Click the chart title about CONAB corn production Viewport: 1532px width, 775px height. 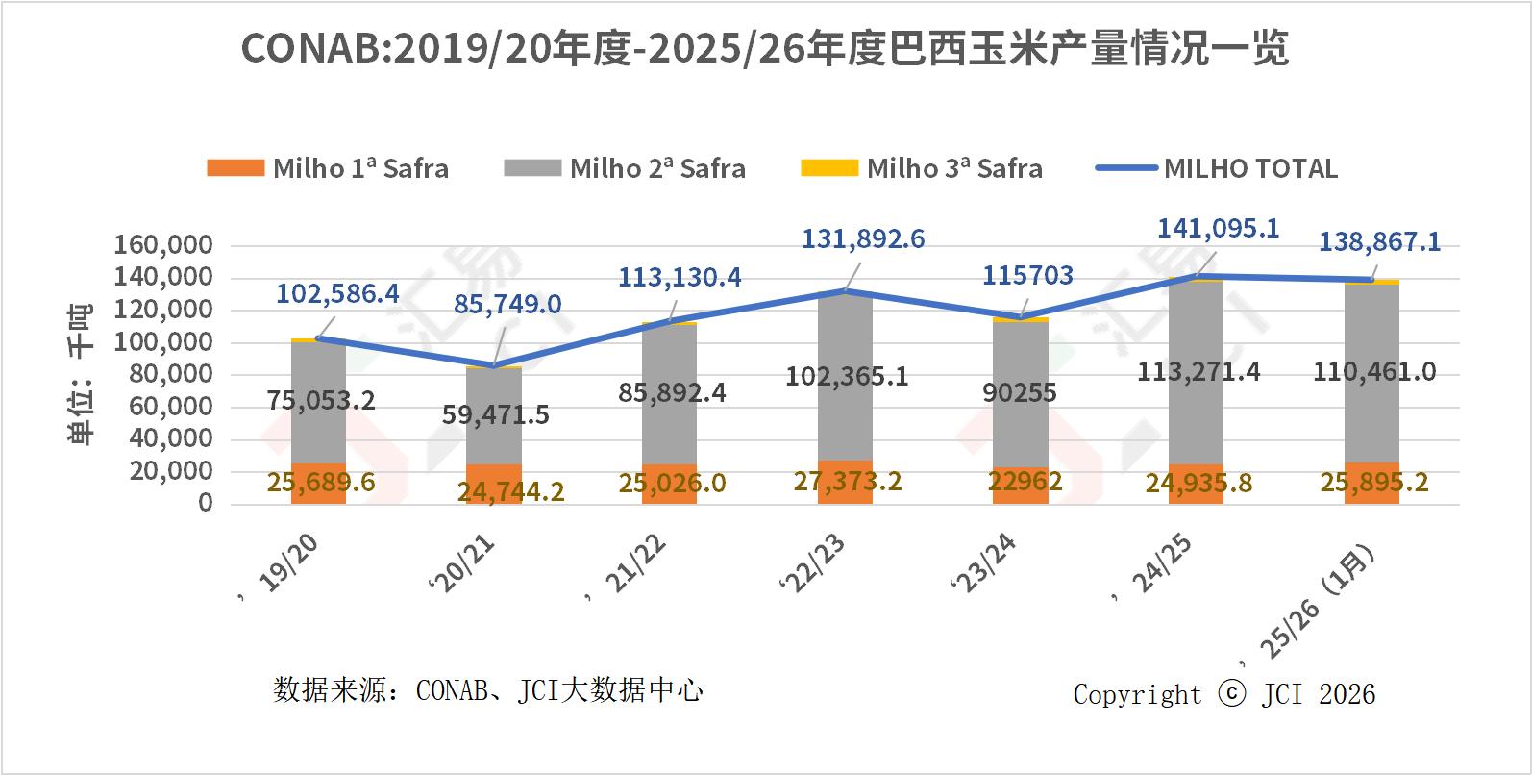[x=764, y=48]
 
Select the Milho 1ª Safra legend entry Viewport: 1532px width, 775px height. [x=328, y=168]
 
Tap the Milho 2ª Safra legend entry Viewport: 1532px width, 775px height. [x=625, y=168]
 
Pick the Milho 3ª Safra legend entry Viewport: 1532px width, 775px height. [x=922, y=168]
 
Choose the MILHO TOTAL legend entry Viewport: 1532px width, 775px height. [x=1217, y=168]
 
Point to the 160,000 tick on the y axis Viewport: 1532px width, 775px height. [x=163, y=245]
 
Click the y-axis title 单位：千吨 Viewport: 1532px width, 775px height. [x=82, y=375]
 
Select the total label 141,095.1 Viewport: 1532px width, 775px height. [x=1218, y=228]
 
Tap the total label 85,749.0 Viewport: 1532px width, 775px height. [x=507, y=305]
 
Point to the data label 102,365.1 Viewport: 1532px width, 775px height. [x=847, y=376]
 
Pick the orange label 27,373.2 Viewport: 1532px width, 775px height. [x=847, y=481]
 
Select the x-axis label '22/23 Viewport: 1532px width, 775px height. [x=815, y=564]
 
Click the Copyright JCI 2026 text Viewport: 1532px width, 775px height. [x=1223, y=694]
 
